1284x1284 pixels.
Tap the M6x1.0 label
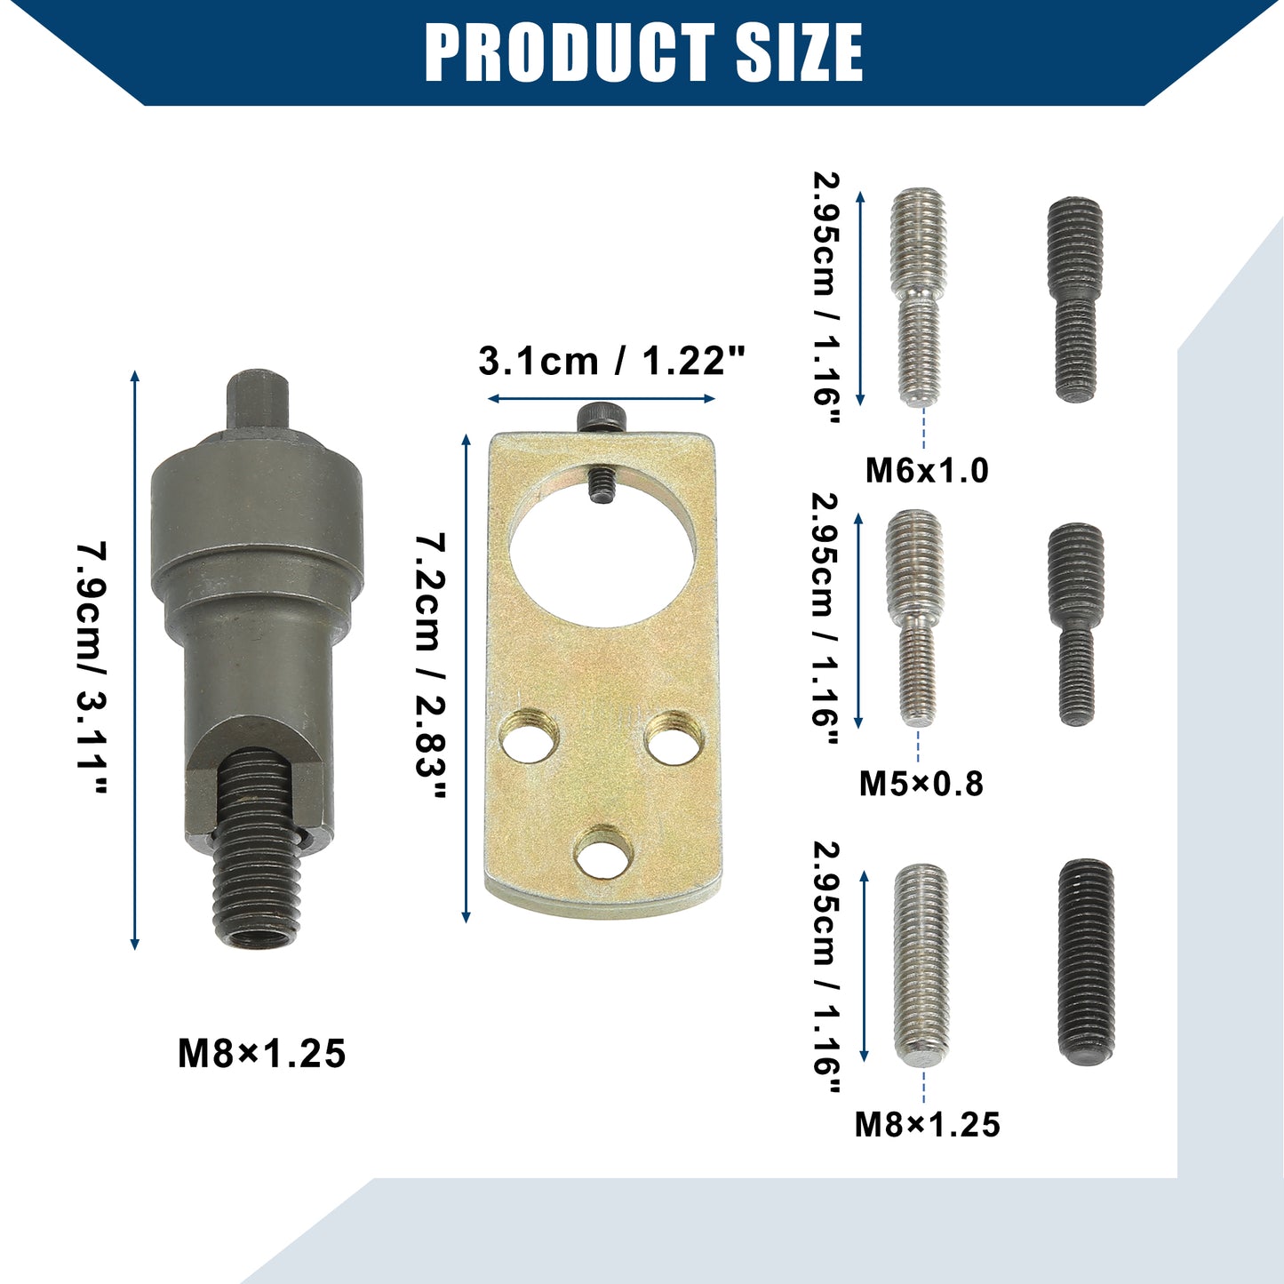927,472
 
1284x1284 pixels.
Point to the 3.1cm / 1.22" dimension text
611,361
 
